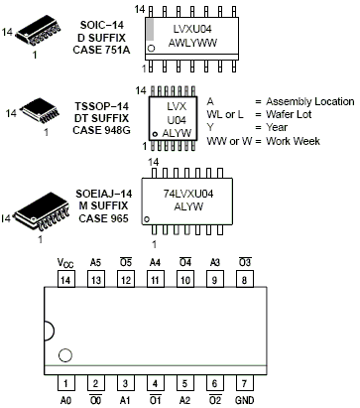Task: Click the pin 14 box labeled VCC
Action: [66, 281]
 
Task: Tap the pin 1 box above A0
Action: [66, 382]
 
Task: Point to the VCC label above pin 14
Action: [66, 263]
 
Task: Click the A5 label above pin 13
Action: [96, 263]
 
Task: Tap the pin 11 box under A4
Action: [156, 281]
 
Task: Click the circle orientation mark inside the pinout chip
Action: [66, 354]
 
